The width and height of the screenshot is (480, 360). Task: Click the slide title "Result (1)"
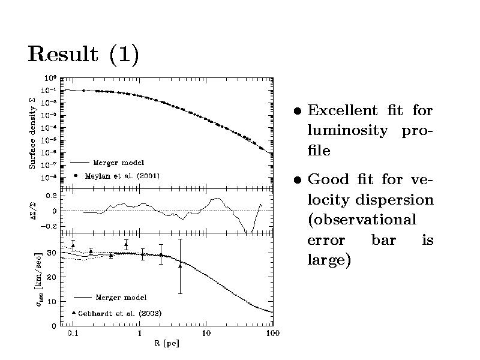tap(83, 55)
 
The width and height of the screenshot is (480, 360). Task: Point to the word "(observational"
tap(361, 220)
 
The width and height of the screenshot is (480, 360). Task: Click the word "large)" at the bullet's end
tap(329, 260)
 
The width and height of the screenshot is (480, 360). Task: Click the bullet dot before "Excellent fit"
tap(297, 112)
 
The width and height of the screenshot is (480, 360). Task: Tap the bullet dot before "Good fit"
tap(297, 180)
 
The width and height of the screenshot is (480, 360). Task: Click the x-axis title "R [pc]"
tap(166, 344)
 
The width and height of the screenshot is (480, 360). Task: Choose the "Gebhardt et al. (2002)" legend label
tap(121, 313)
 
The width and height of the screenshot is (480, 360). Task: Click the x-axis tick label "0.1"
tap(73, 334)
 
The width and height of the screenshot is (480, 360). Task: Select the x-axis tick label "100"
tap(272, 334)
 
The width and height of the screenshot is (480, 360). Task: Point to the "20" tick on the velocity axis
tap(52, 277)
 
